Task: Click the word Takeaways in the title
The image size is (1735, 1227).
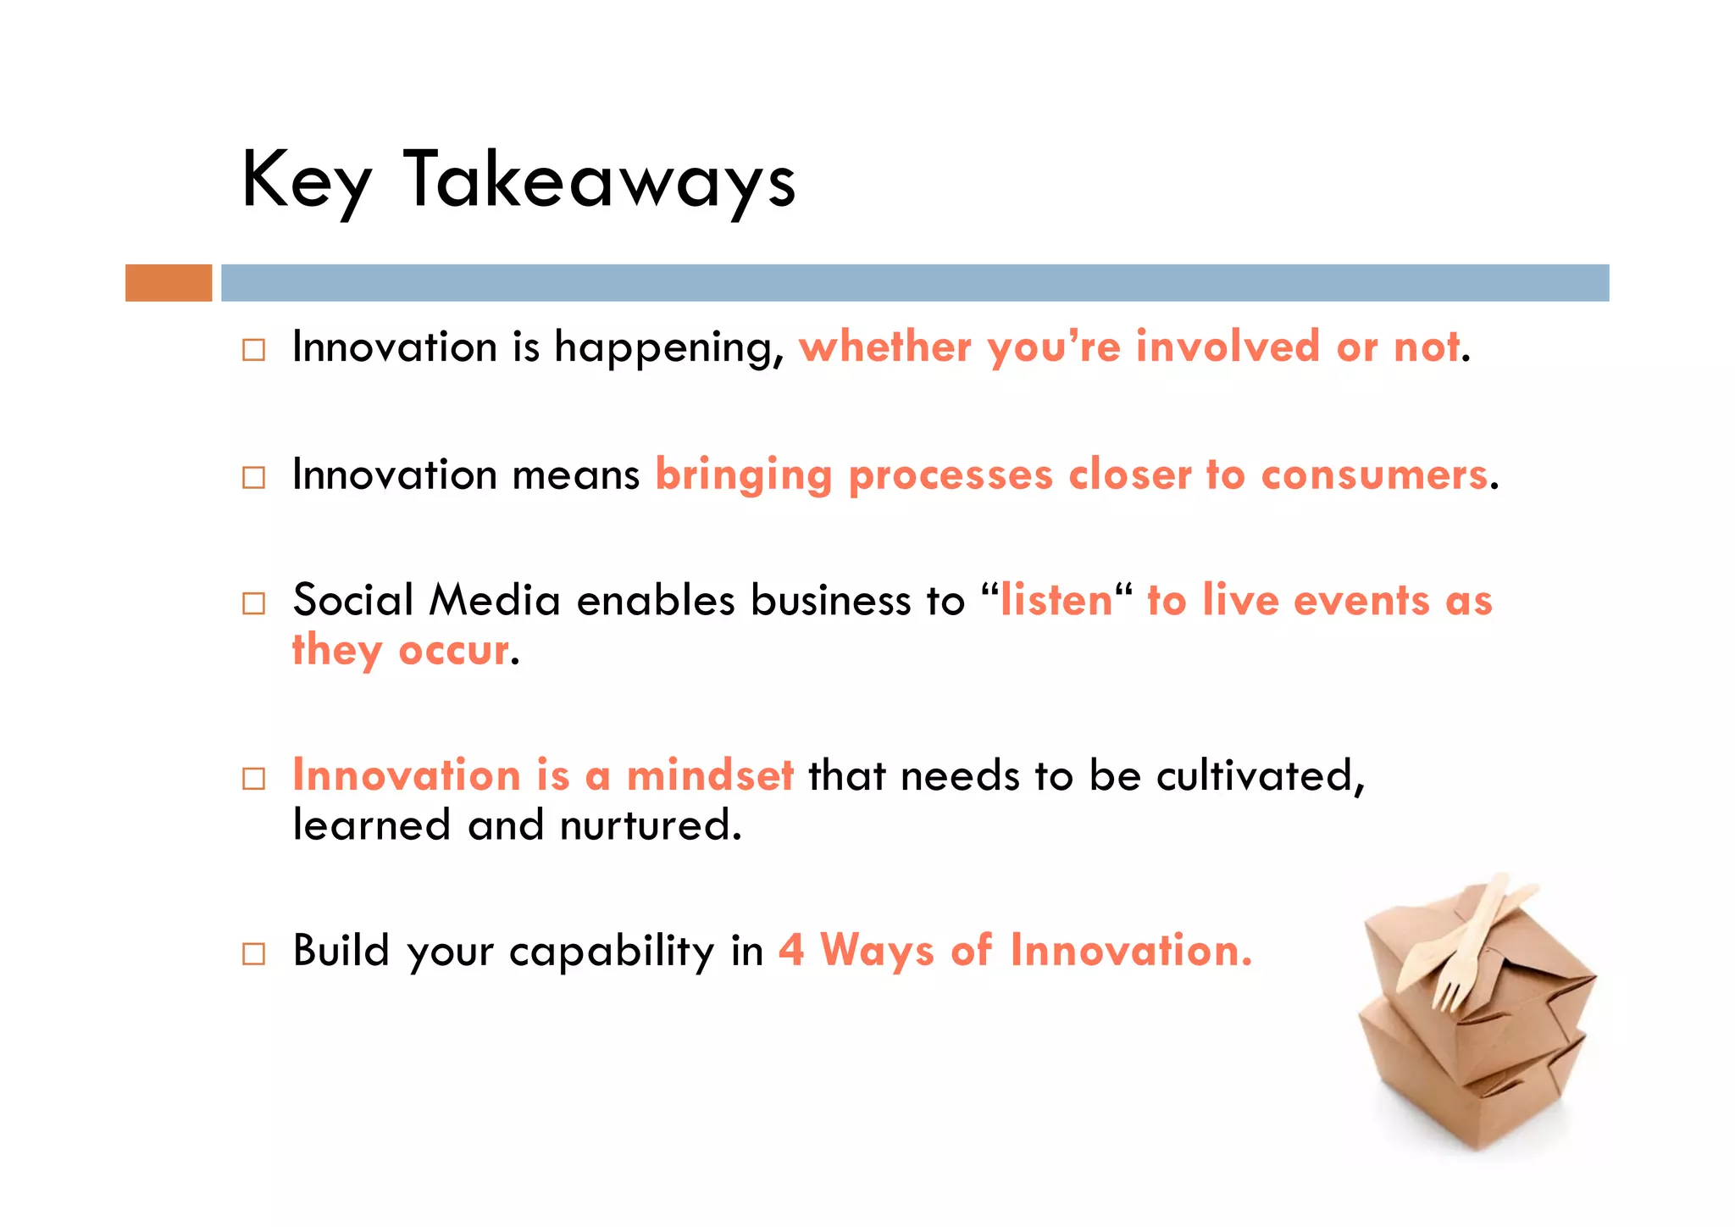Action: coord(599,180)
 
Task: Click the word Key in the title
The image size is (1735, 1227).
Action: coord(306,180)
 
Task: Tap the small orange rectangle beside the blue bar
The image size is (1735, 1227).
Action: coord(169,283)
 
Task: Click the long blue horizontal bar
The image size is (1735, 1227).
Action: coord(915,283)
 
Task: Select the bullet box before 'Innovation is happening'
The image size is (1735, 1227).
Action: coord(253,350)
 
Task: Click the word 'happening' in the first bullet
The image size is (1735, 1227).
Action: coord(669,348)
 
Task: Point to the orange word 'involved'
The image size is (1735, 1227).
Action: coord(1228,347)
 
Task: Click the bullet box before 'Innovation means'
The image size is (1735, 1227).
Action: coord(253,477)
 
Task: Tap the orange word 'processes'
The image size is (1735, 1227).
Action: coord(951,475)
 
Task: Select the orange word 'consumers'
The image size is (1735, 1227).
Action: coord(1374,475)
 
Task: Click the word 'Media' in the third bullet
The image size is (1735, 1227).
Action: coord(495,600)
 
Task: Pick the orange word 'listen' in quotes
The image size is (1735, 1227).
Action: coord(1056,600)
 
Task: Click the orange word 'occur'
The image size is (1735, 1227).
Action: coord(454,651)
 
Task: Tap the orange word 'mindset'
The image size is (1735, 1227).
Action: coord(710,775)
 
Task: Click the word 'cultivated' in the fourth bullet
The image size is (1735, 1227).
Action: coord(1259,775)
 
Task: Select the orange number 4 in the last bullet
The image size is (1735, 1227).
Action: coord(791,950)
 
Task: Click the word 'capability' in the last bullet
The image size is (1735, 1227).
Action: coord(612,952)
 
